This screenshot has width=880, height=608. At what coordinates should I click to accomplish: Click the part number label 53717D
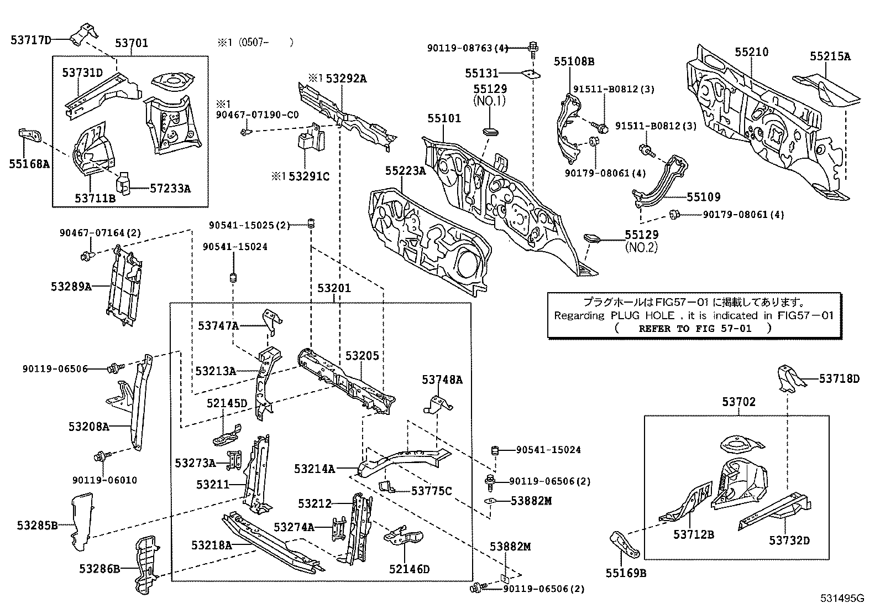click(31, 39)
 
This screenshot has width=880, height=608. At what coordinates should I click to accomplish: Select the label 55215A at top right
click(830, 56)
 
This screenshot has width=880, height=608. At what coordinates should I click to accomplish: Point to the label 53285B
click(37, 525)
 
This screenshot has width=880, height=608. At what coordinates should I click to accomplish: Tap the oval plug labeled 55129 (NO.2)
click(591, 238)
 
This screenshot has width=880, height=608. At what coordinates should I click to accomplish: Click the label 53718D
click(839, 378)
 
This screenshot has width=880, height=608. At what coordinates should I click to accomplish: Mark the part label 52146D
click(409, 569)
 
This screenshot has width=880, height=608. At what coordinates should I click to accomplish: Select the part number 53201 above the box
click(333, 288)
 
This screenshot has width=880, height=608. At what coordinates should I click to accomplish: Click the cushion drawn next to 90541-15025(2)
click(311, 224)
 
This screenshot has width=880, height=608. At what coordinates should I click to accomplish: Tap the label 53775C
click(431, 490)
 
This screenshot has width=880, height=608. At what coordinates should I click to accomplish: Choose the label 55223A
click(406, 172)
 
